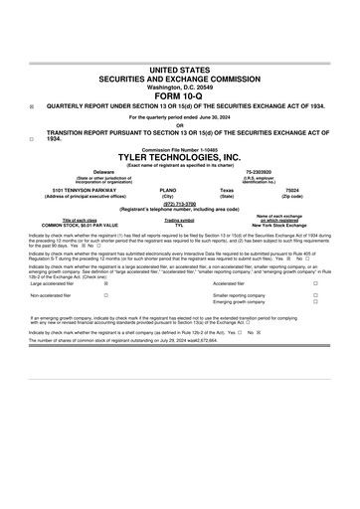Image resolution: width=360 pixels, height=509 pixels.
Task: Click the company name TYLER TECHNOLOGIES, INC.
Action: (x=179, y=157)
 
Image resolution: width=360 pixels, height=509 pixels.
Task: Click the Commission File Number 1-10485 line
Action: (x=179, y=149)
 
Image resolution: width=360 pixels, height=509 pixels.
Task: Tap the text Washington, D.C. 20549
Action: (x=179, y=86)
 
